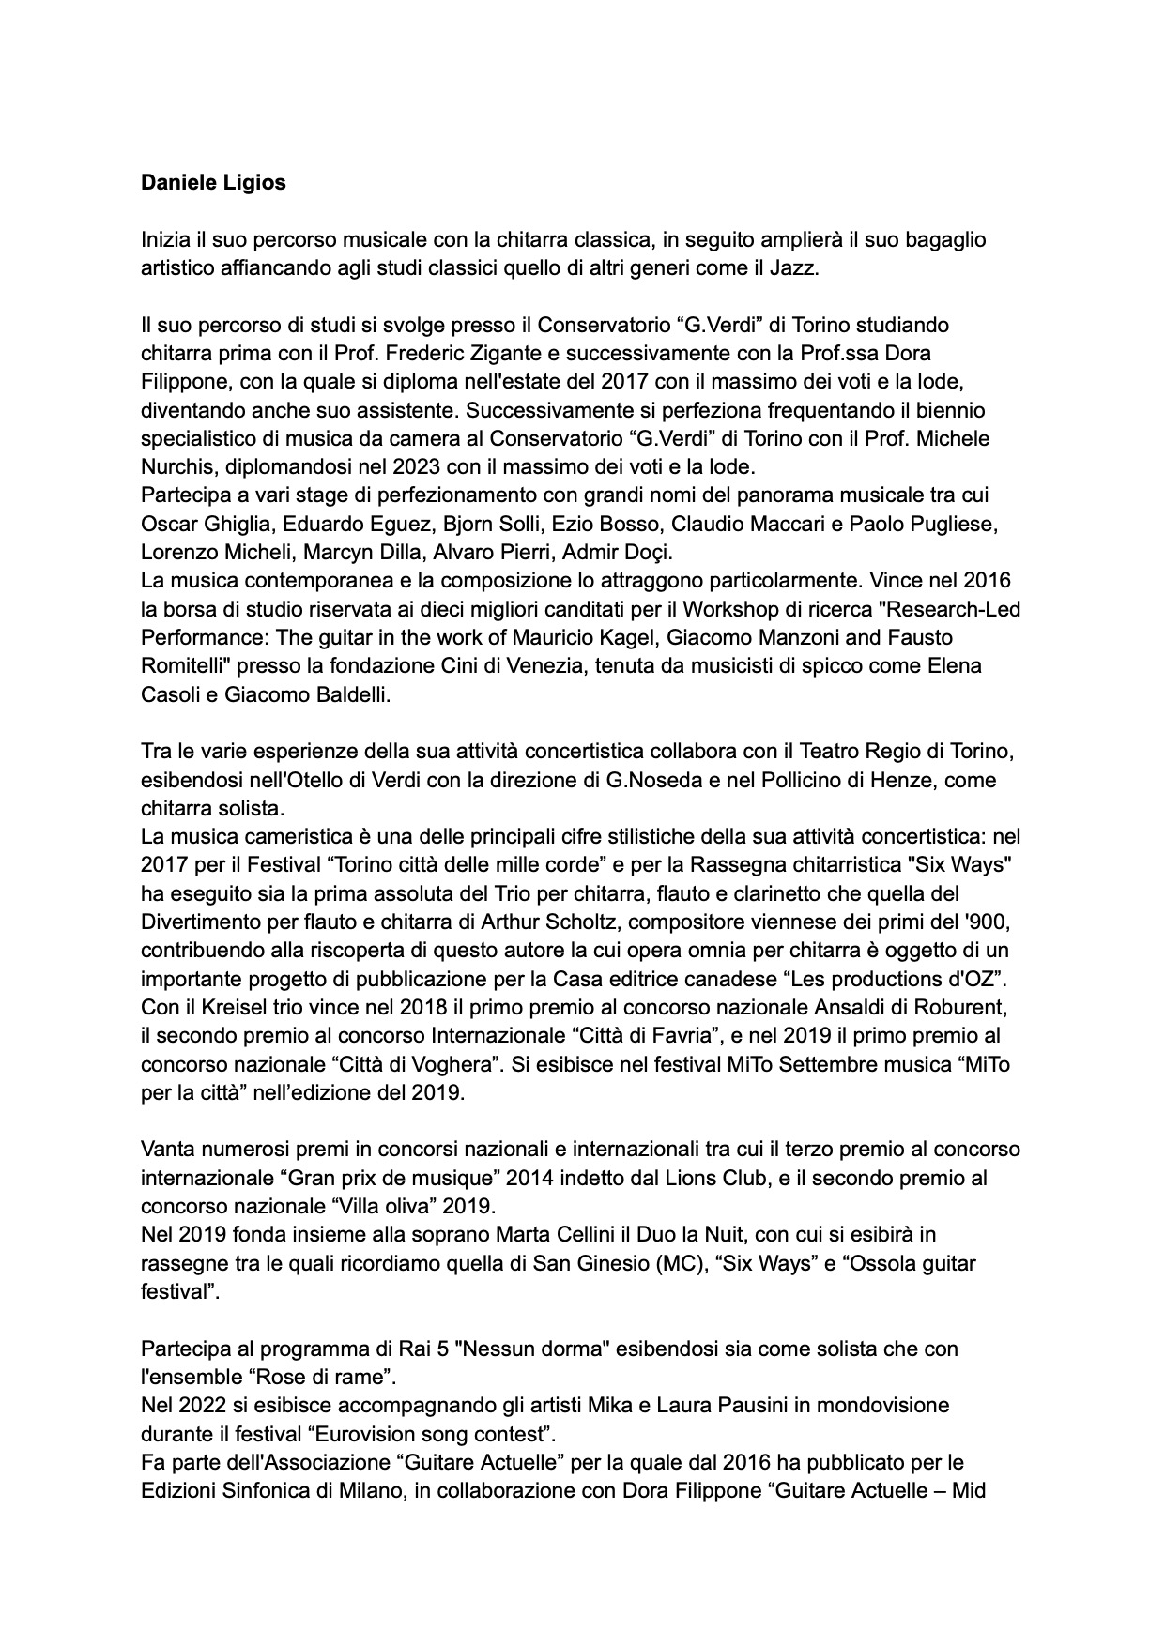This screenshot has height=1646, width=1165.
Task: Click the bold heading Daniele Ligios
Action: (x=213, y=183)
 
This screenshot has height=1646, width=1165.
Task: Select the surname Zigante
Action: (x=669, y=354)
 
